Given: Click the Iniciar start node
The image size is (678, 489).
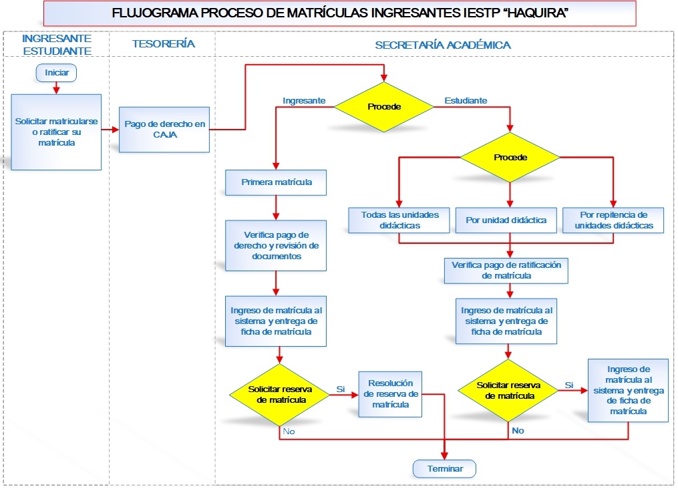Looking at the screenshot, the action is (56, 73).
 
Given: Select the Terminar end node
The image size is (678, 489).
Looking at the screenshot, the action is (444, 469).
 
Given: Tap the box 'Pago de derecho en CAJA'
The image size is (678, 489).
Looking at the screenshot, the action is (164, 130).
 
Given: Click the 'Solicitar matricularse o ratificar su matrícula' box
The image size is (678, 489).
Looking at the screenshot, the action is (56, 132).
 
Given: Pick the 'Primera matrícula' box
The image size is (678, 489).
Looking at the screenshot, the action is (276, 182).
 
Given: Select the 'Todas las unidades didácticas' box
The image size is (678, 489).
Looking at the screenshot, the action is (399, 220).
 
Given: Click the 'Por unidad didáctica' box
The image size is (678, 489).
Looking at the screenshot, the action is (506, 220).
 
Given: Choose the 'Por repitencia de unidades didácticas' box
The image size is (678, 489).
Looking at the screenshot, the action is (613, 220).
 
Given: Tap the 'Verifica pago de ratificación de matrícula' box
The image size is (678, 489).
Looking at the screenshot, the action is (506, 271).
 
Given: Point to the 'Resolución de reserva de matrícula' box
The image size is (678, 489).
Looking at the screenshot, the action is (391, 394).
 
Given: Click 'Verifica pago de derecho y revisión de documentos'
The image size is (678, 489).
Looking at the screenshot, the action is (276, 246).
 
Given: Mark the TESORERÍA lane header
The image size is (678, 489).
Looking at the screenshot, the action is (164, 43).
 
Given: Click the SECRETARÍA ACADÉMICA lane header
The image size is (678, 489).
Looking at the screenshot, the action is (443, 45).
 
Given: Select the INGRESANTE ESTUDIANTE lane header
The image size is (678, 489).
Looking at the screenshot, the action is (57, 45).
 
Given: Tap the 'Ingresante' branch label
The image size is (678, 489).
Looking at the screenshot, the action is (304, 101).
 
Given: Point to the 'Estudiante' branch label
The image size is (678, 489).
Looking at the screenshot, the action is (466, 101).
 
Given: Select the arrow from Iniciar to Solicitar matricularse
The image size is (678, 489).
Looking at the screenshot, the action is (56, 88).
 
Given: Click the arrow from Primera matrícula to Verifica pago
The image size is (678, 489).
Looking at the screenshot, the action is (276, 208).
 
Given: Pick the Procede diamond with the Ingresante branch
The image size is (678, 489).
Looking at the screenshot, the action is (384, 107).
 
